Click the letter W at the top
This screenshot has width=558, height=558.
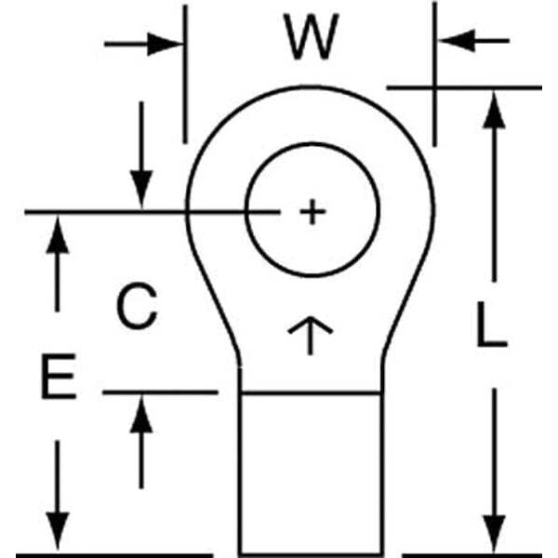[x=310, y=39]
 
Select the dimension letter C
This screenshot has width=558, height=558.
[x=137, y=306]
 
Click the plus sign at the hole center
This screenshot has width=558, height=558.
[x=312, y=213]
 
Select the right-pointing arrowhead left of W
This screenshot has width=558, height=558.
[x=171, y=43]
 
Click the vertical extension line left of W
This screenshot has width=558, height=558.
[x=185, y=74]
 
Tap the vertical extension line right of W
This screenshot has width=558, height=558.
[x=434, y=74]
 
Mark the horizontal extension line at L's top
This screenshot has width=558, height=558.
[x=465, y=87]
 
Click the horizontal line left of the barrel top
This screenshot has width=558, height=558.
[x=158, y=392]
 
